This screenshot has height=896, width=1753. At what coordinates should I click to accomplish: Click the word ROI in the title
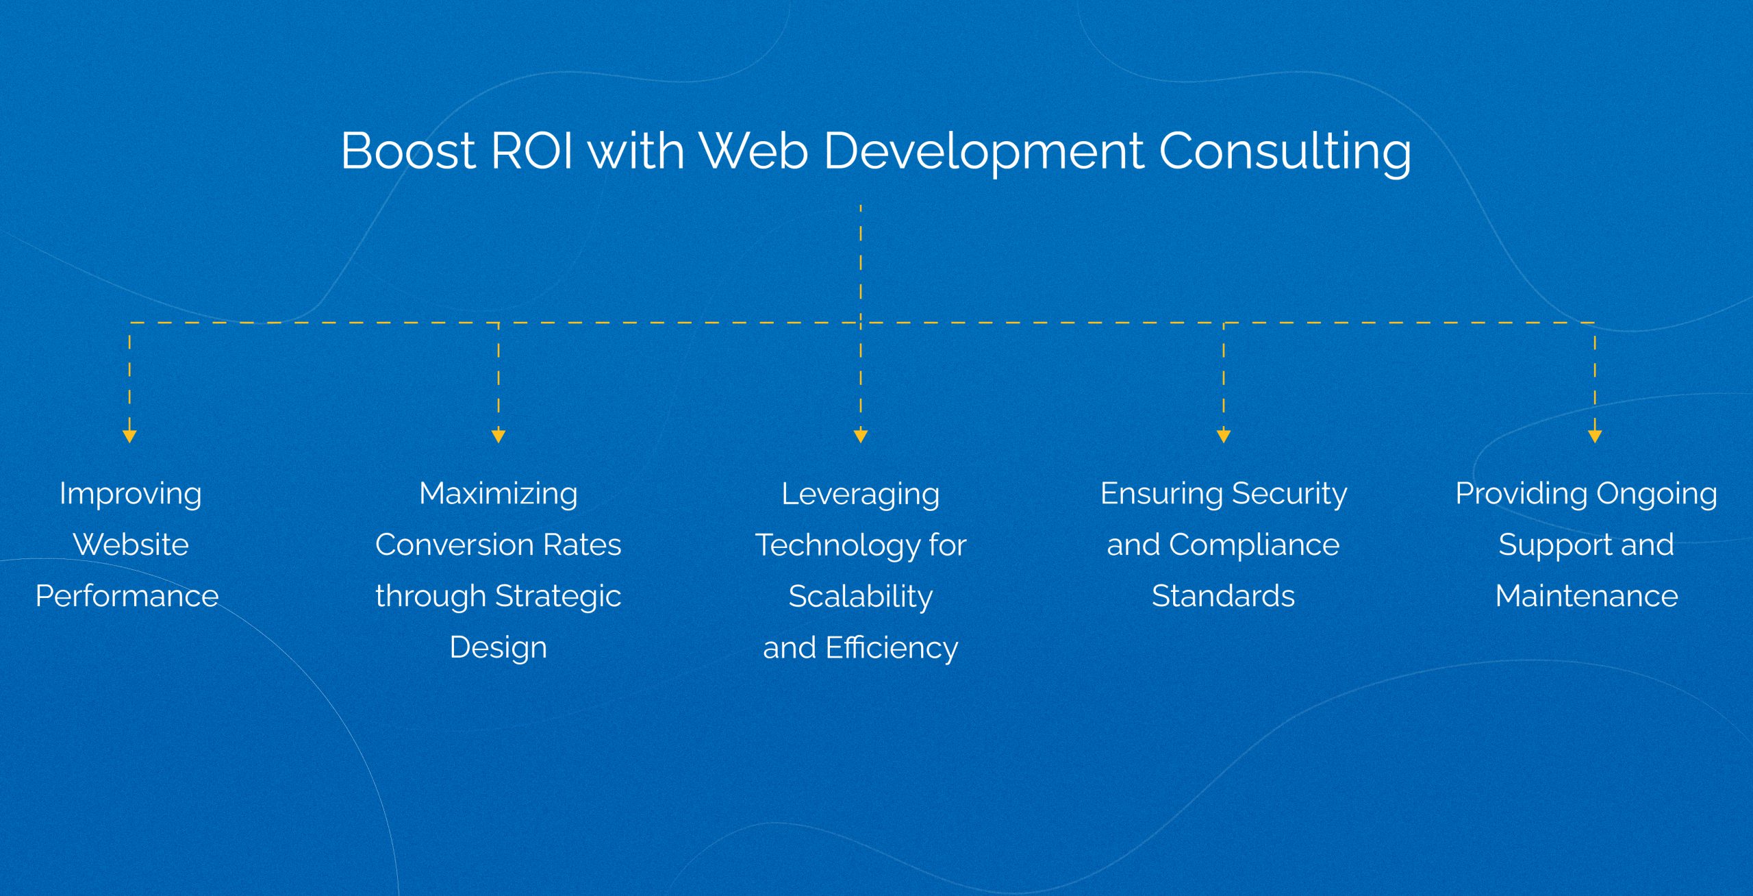point(532,151)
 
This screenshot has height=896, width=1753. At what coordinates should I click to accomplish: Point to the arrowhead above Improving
point(129,436)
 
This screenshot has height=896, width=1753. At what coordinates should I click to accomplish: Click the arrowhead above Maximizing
point(499,436)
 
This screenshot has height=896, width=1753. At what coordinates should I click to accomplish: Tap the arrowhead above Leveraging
point(861,436)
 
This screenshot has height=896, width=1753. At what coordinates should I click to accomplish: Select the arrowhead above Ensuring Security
point(1224,436)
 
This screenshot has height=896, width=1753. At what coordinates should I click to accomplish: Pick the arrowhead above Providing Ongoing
point(1595,436)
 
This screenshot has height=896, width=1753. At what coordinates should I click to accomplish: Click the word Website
point(131,545)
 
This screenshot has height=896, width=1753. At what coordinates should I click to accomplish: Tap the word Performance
point(127,596)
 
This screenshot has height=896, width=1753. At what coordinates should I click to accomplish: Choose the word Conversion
point(455,545)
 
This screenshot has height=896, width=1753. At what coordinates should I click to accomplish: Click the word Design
point(499,648)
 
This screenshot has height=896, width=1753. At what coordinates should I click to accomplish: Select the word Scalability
point(861,597)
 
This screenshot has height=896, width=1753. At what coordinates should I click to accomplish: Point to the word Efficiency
point(892,648)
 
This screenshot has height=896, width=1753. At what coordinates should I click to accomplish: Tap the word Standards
point(1224,596)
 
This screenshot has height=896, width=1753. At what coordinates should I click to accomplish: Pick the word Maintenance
point(1587,596)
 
